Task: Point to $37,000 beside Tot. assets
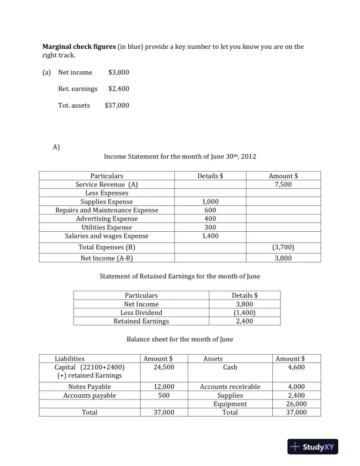point(116,105)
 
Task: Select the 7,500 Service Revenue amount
point(284,184)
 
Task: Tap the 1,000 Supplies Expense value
point(210,201)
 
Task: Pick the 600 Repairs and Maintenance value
point(210,210)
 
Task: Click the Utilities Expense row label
point(106,227)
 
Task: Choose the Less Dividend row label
point(141,312)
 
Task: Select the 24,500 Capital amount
point(158,367)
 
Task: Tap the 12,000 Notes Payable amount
point(158,387)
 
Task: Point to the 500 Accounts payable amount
point(158,395)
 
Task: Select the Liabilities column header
point(69,358)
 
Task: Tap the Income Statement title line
point(179,157)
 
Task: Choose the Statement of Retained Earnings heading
point(179,276)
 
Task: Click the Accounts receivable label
point(230,387)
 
